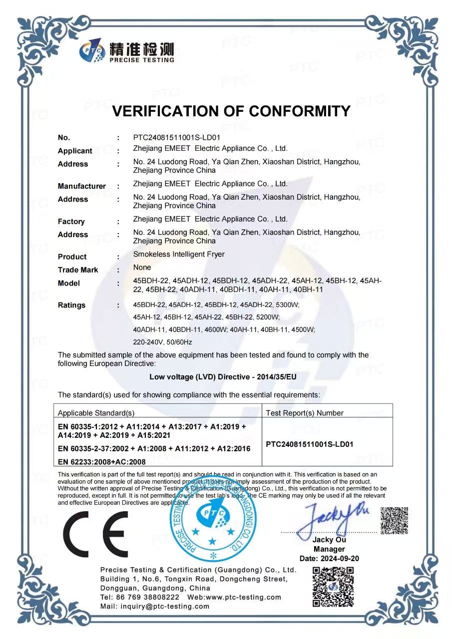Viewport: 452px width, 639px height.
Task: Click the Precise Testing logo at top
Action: pyautogui.click(x=127, y=52)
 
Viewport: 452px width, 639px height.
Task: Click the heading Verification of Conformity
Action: pyautogui.click(x=231, y=111)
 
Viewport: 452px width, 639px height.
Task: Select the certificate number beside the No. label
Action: pyautogui.click(x=177, y=137)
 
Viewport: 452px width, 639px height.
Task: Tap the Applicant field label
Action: pyautogui.click(x=75, y=151)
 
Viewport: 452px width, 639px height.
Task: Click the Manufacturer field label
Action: pyautogui.click(x=82, y=186)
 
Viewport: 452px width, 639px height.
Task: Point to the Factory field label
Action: pyautogui.click(x=71, y=221)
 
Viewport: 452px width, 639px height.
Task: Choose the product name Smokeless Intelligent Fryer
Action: pyautogui.click(x=179, y=254)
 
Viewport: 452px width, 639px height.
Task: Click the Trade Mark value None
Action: pyautogui.click(x=142, y=268)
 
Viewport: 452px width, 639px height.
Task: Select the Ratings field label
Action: pyautogui.click(x=71, y=305)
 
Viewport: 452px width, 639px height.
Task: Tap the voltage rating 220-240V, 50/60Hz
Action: pyautogui.click(x=163, y=342)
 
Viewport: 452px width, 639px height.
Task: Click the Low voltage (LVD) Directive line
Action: pyautogui.click(x=223, y=377)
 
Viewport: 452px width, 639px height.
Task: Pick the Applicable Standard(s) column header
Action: pyautogui.click(x=96, y=413)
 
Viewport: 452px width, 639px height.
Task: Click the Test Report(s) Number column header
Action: pyautogui.click(x=305, y=413)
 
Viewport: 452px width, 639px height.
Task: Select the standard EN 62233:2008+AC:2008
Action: pyautogui.click(x=102, y=462)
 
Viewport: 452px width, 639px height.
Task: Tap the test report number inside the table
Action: pyautogui.click(x=310, y=444)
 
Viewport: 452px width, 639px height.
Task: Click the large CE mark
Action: pyautogui.click(x=95, y=532)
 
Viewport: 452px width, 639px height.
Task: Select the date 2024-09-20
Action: pyautogui.click(x=329, y=558)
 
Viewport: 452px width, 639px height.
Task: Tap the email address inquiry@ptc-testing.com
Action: pyautogui.click(x=155, y=606)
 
